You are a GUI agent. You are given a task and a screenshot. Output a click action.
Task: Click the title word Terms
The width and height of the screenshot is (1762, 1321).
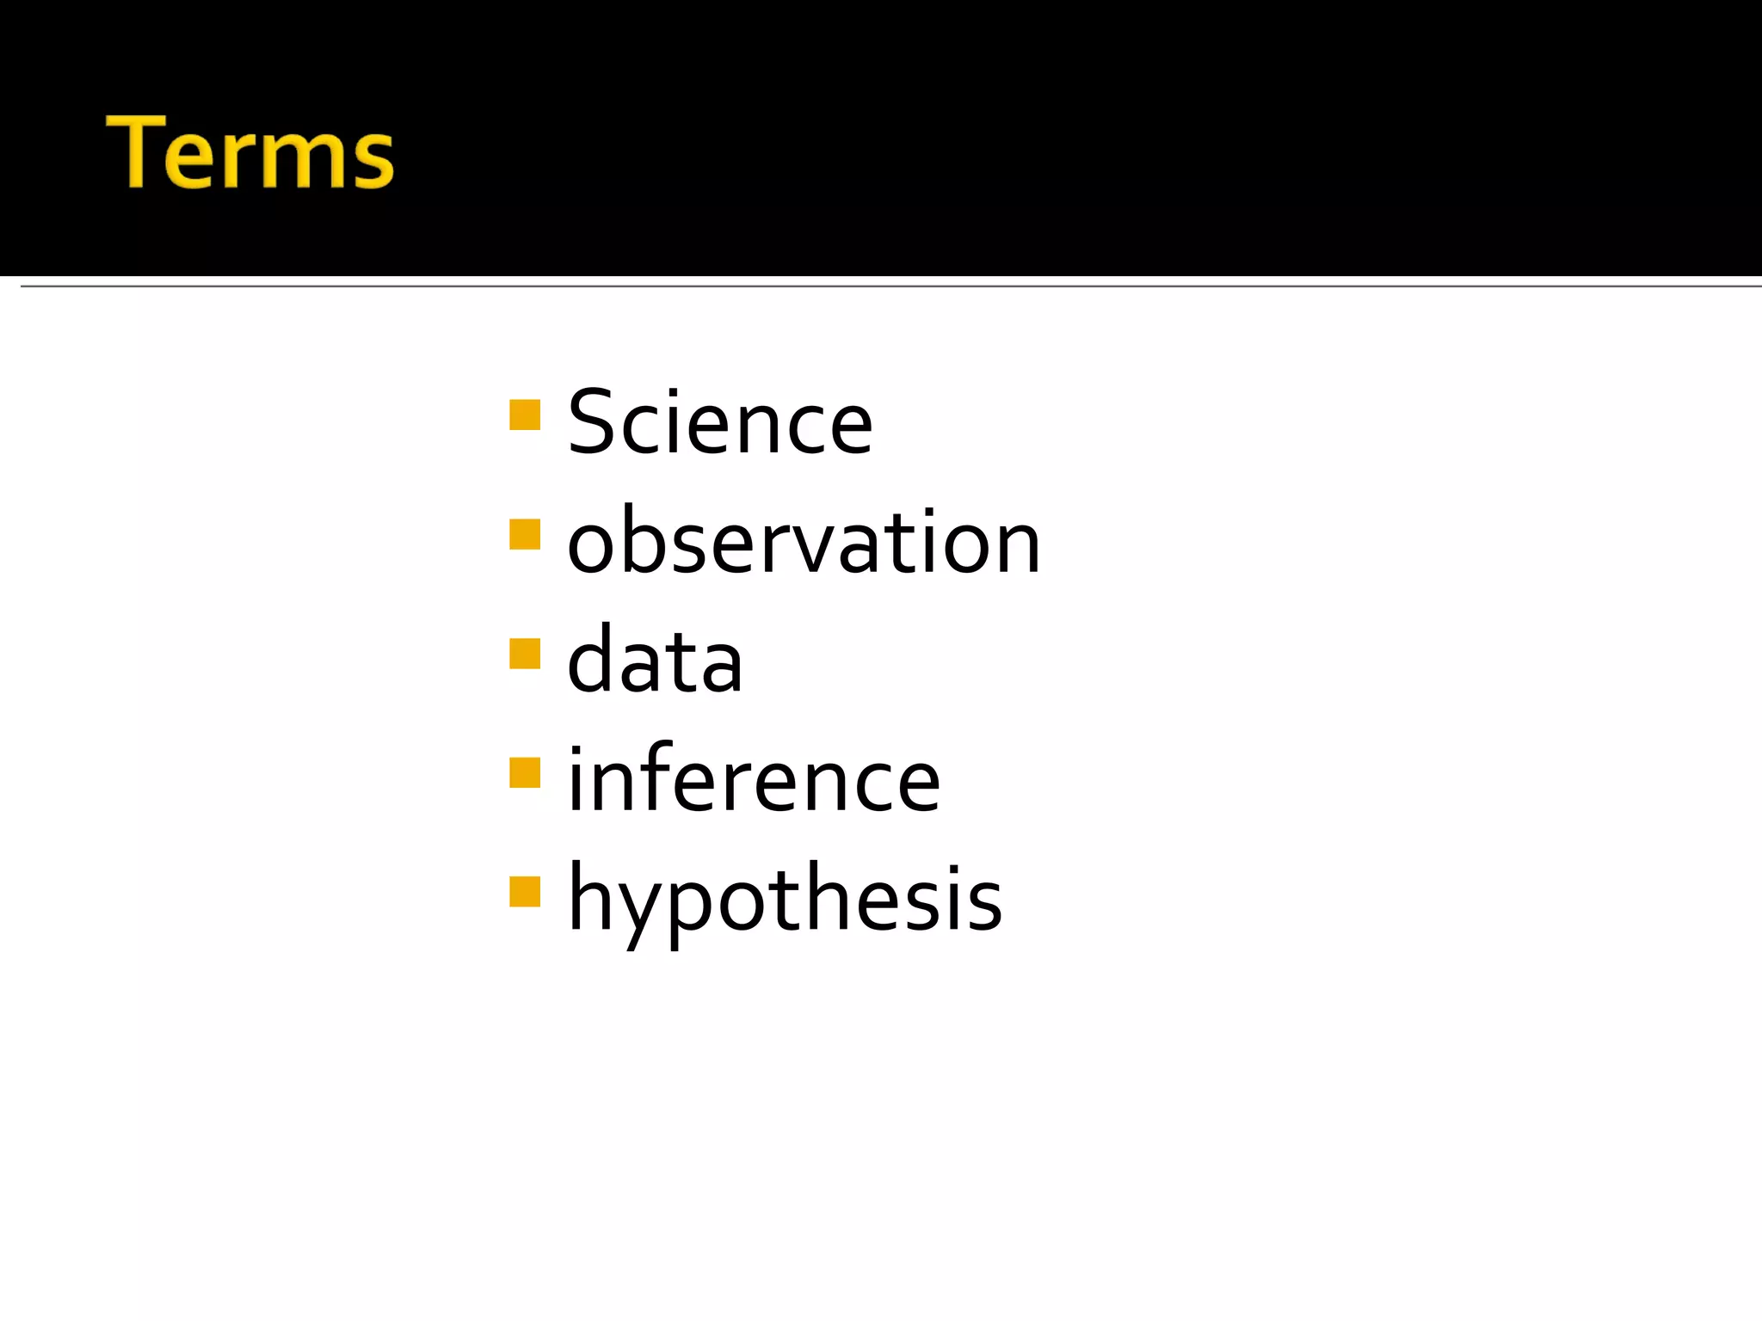coord(250,152)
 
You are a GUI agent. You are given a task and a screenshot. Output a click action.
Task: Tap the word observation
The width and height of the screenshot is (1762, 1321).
coord(804,542)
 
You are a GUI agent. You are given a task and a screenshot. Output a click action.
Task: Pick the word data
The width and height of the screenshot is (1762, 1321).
coord(655,660)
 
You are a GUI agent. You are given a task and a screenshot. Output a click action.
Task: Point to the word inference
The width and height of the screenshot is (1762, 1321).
coord(754,779)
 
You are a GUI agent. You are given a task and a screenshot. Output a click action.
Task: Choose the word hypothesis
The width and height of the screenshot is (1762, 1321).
coord(785,900)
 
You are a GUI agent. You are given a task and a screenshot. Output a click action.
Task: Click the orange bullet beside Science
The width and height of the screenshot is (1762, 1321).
coord(525,415)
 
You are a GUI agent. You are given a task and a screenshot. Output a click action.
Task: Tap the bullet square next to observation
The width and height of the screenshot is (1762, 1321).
coord(525,534)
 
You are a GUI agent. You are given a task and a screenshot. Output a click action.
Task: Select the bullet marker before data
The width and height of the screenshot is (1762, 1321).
coord(525,654)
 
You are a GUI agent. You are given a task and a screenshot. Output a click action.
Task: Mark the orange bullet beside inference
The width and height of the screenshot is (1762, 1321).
coord(525,772)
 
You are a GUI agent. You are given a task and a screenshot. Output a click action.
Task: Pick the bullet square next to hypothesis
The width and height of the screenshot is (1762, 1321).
coord(525,892)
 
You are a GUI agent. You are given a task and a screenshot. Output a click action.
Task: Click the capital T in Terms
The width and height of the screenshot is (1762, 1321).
coord(138,152)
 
